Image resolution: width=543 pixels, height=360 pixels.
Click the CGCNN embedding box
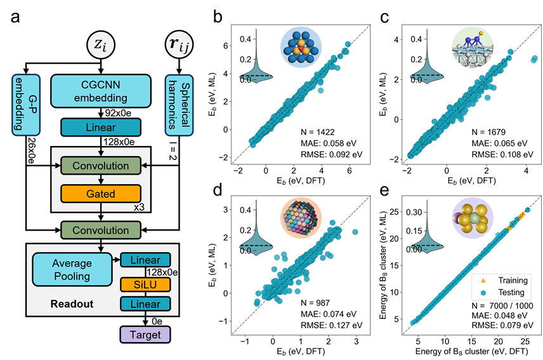[100, 92]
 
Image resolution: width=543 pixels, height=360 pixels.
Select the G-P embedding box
[25, 104]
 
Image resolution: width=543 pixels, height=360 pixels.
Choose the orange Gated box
[100, 193]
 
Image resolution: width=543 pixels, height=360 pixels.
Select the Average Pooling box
[72, 270]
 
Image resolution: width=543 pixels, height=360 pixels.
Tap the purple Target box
[145, 334]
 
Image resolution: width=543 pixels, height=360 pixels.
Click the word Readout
[72, 303]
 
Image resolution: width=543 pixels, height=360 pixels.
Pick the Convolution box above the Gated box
[100, 166]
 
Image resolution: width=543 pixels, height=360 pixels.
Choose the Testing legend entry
[504, 293]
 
